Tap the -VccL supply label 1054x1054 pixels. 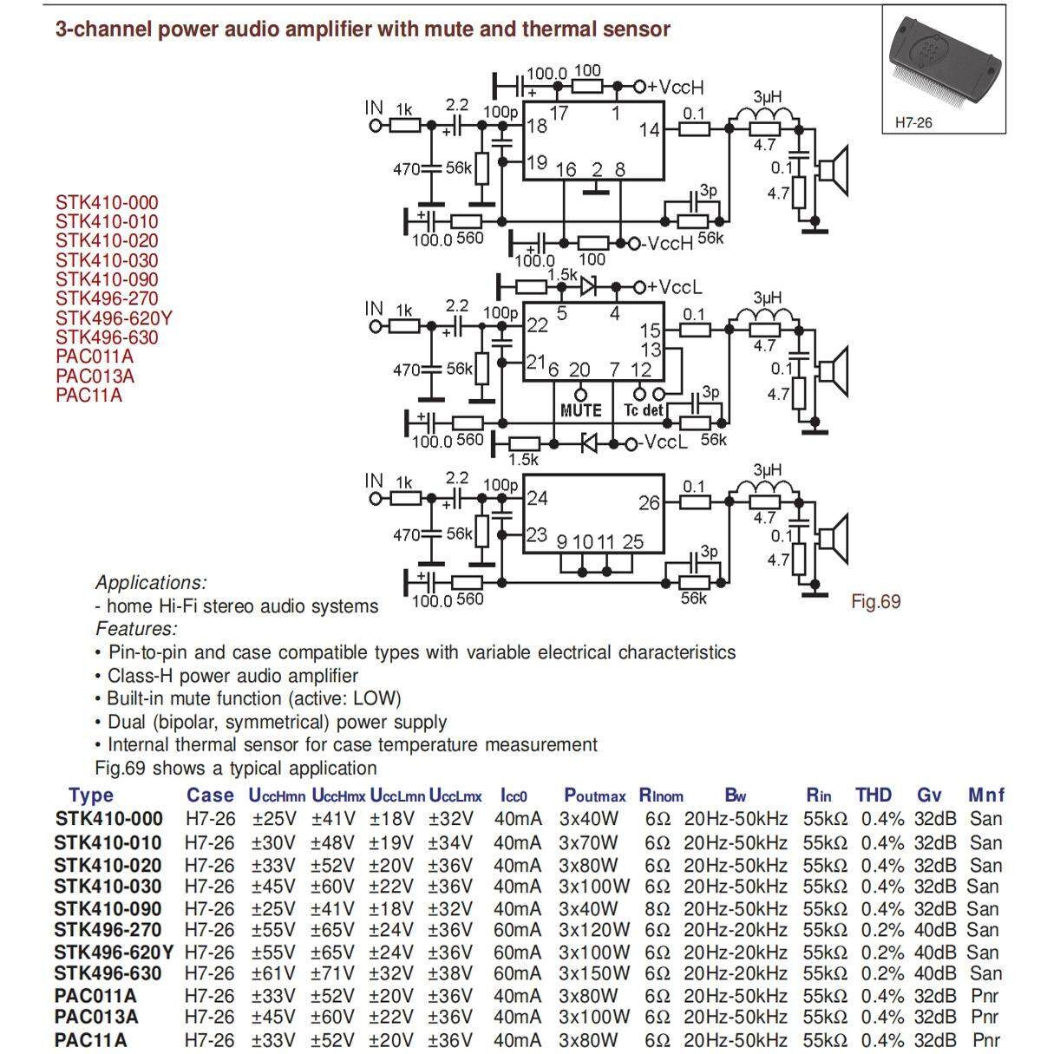[666, 443]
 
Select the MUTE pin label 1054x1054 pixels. [580, 409]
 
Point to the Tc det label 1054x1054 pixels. [643, 409]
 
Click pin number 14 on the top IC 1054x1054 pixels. [649, 130]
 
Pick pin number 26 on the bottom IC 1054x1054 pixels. [649, 503]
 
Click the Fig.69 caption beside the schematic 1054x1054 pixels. [875, 601]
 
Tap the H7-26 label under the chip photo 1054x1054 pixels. [913, 123]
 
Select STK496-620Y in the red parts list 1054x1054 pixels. [114, 318]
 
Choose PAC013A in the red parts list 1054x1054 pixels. [95, 376]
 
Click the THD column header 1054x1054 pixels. [873, 795]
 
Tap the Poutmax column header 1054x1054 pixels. [594, 795]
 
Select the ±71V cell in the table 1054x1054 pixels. [333, 973]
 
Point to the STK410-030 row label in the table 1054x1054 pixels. [108, 886]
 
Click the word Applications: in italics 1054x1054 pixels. [151, 583]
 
